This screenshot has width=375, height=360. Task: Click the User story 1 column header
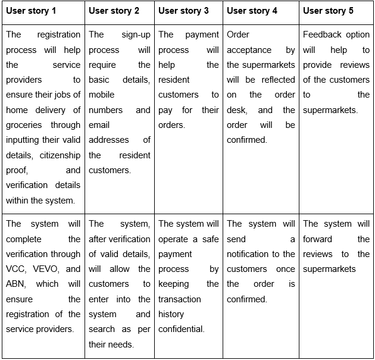pos(31,11)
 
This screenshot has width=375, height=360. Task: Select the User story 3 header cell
pos(183,11)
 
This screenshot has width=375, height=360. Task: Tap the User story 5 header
pos(328,11)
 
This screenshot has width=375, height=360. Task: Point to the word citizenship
pos(60,155)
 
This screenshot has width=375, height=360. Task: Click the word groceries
pos(24,125)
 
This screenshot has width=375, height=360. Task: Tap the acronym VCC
pos(16,269)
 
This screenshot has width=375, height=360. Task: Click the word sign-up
pos(136,35)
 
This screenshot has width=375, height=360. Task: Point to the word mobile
pos(101,95)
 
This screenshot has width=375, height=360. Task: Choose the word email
pos(99,125)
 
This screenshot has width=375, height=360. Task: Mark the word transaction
pos(180,299)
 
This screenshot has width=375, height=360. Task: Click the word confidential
pos(182,329)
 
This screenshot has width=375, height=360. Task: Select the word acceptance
pos(249,50)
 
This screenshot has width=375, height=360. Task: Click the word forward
pos(317,239)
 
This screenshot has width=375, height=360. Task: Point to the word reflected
pos(278,80)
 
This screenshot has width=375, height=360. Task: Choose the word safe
pos(211,239)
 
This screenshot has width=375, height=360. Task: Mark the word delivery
pos(50,110)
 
